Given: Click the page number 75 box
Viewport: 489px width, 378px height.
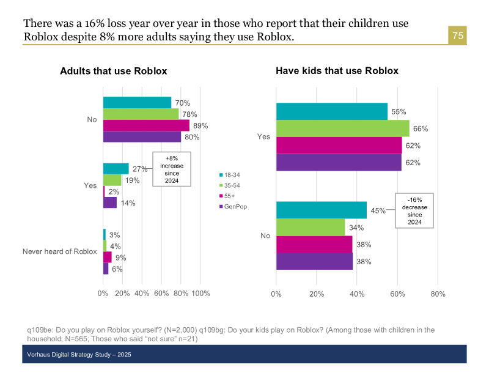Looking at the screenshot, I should pos(458,36).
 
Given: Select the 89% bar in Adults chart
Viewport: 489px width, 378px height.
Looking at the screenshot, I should pos(146,125).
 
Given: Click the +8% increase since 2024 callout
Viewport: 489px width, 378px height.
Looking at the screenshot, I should pos(171,169).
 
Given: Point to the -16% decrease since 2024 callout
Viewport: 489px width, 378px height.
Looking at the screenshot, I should pos(414,210).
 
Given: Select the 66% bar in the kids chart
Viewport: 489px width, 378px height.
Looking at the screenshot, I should pos(342,128).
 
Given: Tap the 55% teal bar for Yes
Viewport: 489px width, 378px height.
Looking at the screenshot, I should pos(332,111).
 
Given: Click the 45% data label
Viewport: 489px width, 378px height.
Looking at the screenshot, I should pos(378,210).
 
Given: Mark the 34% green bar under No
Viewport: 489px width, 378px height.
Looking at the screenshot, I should pos(311,228).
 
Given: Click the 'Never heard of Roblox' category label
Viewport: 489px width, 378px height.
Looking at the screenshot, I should pos(60,251).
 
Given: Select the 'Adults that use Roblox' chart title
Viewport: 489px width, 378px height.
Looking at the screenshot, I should pos(113,71).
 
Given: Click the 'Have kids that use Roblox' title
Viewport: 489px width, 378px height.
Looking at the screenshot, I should pos(337,71).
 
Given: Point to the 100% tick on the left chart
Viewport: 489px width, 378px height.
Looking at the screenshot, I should pos(200,294).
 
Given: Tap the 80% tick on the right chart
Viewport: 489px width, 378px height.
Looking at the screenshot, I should pos(438,294).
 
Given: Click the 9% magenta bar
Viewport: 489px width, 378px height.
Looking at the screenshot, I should pos(108,257).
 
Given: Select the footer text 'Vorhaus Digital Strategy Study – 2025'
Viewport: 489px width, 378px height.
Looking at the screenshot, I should pos(79,355).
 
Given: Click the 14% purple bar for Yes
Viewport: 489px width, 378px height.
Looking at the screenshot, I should pos(110,202).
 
